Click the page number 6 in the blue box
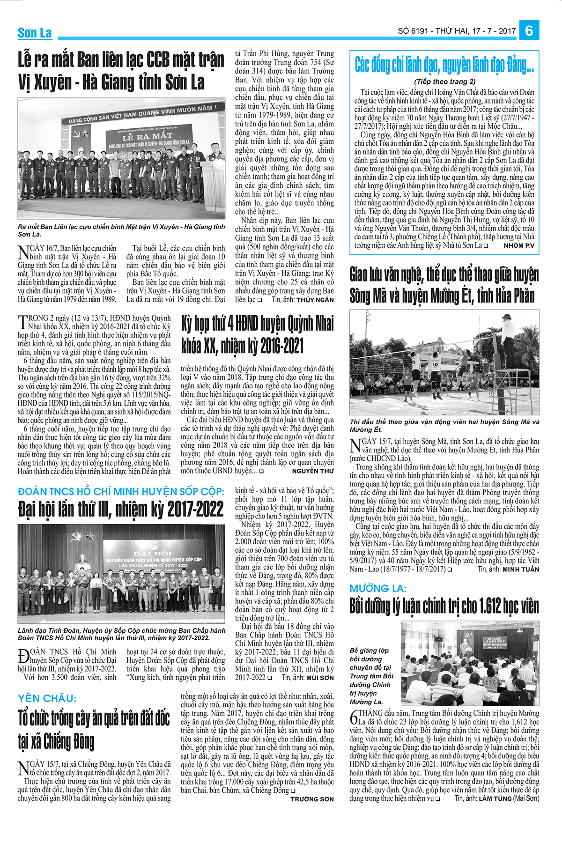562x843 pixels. [x=529, y=31]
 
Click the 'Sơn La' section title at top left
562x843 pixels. [x=35, y=33]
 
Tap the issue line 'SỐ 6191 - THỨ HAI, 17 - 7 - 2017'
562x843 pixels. [x=457, y=31]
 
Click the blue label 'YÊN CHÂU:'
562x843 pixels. [x=47, y=698]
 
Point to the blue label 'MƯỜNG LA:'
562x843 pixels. [x=378, y=588]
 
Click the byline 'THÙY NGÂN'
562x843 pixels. [x=315, y=300]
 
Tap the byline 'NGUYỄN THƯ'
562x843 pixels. [x=313, y=471]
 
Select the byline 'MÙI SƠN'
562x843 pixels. [x=320, y=677]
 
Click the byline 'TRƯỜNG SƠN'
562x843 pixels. [x=312, y=799]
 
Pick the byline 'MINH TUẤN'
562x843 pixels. [x=521, y=569]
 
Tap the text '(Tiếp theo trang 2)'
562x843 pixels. [x=444, y=81]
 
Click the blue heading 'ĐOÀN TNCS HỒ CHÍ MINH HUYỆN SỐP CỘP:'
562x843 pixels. [x=121, y=491]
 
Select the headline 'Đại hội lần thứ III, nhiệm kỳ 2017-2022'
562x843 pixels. [x=121, y=509]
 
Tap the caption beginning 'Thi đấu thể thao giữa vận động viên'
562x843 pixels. [x=444, y=425]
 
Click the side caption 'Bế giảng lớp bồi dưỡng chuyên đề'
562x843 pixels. [x=371, y=676]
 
